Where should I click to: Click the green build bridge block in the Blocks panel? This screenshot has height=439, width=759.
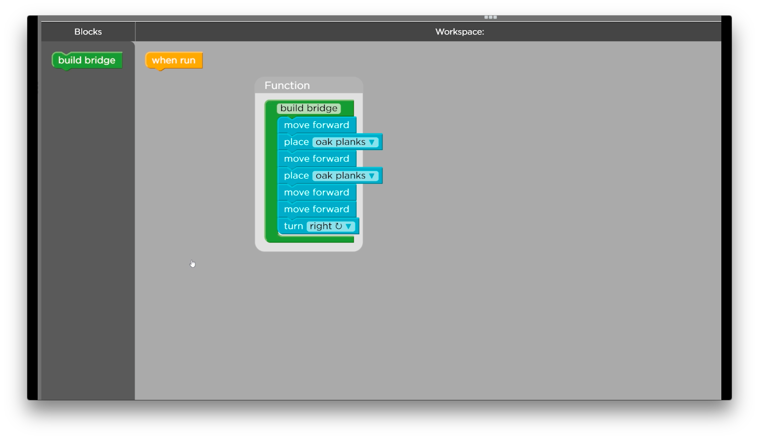click(87, 60)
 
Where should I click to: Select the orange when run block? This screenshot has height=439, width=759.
click(174, 60)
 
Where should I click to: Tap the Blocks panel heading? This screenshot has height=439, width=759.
click(88, 31)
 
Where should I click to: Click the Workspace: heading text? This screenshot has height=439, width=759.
click(460, 31)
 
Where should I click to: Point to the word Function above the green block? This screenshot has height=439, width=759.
click(287, 86)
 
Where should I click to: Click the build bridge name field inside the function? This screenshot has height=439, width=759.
click(309, 108)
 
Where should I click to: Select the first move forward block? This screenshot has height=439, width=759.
click(317, 125)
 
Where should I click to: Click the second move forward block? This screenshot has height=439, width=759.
click(317, 158)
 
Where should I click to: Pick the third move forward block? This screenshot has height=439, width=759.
click(317, 193)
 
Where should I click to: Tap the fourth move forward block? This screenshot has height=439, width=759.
click(317, 209)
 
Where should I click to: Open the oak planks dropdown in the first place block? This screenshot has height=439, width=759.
click(345, 142)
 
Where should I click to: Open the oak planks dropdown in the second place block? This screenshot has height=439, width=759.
click(345, 176)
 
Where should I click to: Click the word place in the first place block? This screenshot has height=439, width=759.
click(296, 142)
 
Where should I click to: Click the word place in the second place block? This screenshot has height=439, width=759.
click(296, 176)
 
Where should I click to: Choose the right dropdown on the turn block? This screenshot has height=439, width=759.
click(331, 226)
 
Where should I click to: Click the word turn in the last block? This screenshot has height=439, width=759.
click(293, 226)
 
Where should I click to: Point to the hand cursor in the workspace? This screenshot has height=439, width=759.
click(193, 263)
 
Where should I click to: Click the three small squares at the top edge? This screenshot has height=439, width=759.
click(491, 17)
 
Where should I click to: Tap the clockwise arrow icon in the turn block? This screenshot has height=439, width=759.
click(338, 226)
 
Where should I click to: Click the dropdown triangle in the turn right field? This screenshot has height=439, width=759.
click(348, 226)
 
